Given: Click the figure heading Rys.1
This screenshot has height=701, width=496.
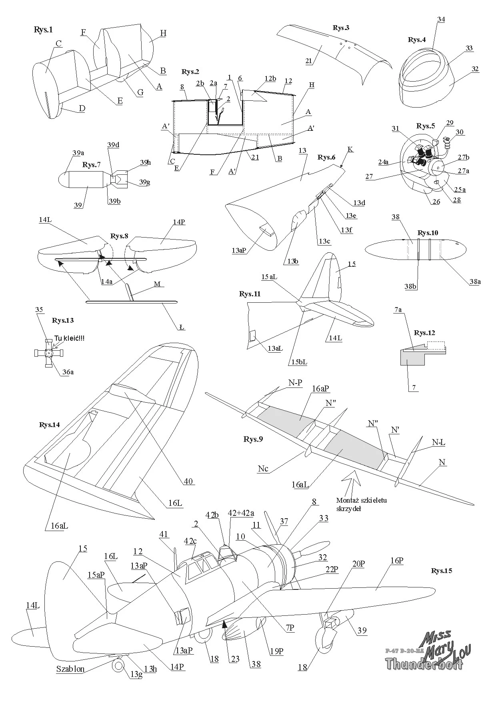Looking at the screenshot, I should click(x=43, y=30).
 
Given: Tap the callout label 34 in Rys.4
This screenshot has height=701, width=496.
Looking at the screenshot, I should click(x=441, y=19).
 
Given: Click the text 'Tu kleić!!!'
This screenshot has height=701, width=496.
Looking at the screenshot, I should click(x=69, y=338).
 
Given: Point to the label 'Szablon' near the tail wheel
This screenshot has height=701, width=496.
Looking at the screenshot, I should click(x=70, y=669).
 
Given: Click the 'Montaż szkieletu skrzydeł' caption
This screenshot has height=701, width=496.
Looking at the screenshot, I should click(x=361, y=504).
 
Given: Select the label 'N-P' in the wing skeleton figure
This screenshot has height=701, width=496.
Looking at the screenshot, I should click(x=295, y=383).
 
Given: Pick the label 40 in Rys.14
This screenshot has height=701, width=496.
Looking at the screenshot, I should click(x=188, y=481).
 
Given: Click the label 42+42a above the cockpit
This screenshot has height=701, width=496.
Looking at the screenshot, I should click(x=241, y=513).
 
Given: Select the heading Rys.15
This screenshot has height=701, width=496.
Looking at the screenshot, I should click(x=441, y=571).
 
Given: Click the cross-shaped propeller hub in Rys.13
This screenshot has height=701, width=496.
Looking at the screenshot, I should click(x=48, y=353).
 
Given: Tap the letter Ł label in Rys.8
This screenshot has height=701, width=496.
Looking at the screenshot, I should click(x=182, y=327).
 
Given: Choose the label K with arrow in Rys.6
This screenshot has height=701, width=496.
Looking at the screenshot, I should click(x=350, y=149).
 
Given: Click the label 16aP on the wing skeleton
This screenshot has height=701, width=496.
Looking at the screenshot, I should click(x=321, y=388).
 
